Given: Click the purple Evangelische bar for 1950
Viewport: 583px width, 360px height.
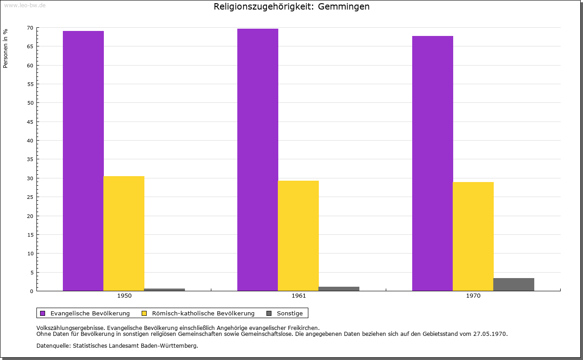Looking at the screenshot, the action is [x=83, y=161].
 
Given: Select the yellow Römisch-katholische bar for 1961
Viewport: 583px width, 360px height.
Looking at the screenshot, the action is [x=298, y=236].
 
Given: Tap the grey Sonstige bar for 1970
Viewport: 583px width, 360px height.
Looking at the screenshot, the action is [x=514, y=284].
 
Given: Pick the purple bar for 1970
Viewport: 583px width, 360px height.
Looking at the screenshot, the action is [x=433, y=163].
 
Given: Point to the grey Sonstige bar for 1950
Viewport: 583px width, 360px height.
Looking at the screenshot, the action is [x=164, y=289].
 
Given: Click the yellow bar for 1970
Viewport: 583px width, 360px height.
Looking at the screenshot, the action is [x=473, y=237].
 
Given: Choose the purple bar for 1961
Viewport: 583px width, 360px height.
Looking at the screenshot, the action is [x=258, y=160].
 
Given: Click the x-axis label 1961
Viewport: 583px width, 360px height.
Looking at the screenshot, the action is [x=299, y=296].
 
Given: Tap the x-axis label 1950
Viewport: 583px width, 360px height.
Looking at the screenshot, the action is [x=124, y=296].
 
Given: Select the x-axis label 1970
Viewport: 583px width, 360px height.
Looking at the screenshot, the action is [x=473, y=296].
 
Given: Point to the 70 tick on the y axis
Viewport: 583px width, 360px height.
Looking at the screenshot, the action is [x=30, y=28].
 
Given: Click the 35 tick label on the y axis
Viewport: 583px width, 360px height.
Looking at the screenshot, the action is [x=30, y=159].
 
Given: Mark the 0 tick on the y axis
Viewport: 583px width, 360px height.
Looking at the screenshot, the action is [x=32, y=291].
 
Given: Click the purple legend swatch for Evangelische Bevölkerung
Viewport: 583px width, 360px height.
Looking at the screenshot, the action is [x=43, y=314].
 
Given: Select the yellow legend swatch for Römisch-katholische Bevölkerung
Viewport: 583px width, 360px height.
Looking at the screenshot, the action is [x=144, y=314].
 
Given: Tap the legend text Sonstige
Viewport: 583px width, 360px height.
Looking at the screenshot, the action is [x=290, y=314].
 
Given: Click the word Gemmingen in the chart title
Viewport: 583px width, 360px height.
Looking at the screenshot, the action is [x=343, y=7].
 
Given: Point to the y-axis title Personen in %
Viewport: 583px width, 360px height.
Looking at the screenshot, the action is [x=5, y=48].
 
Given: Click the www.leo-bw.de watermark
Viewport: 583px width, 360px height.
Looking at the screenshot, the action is [x=25, y=5].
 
